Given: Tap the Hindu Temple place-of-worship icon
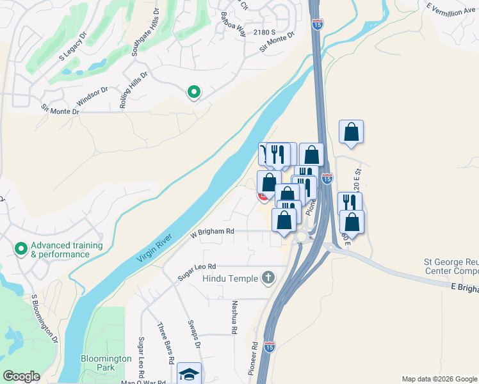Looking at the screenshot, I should point(268,278).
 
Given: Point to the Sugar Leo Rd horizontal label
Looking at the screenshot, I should point(198,271).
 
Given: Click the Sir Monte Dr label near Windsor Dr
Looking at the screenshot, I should point(60,109).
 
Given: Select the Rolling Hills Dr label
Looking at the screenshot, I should point(133,89).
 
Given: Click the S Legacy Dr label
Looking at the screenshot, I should point(74,47).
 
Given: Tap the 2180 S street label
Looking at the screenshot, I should point(263,32).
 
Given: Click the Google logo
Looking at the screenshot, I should point(22,376).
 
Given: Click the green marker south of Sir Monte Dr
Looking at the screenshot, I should point(193,92).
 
